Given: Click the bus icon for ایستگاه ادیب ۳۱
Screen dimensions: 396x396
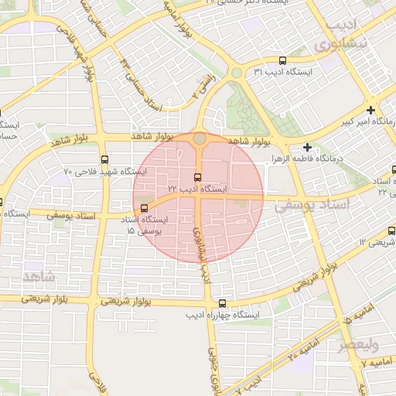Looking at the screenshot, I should [282, 60].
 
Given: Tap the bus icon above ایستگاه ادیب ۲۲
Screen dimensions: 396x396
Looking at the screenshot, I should [199, 177].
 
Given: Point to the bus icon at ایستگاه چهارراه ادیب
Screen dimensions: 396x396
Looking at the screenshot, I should [224, 304].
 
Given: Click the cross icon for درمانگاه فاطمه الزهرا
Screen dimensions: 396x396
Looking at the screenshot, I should [308, 146].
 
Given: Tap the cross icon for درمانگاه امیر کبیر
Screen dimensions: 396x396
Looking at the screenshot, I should [371, 110].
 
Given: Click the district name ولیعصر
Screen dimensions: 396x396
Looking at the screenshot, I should [363, 344].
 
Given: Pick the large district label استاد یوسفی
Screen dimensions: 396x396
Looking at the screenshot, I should [313, 204].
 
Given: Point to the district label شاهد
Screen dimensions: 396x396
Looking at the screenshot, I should [39, 276].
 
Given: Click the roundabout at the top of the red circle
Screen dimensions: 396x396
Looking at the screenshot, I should [200, 138].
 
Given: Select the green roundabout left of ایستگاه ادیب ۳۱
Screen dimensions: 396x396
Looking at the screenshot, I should [235, 73].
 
